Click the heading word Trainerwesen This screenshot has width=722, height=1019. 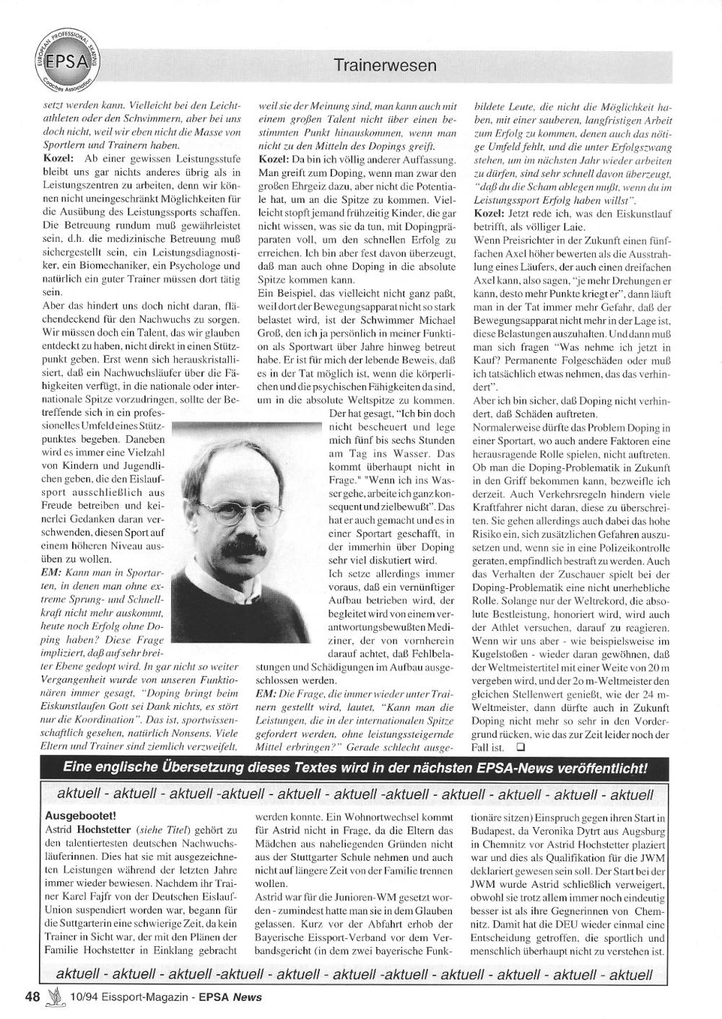(x=386, y=66)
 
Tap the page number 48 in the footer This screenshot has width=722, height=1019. (x=32, y=997)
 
